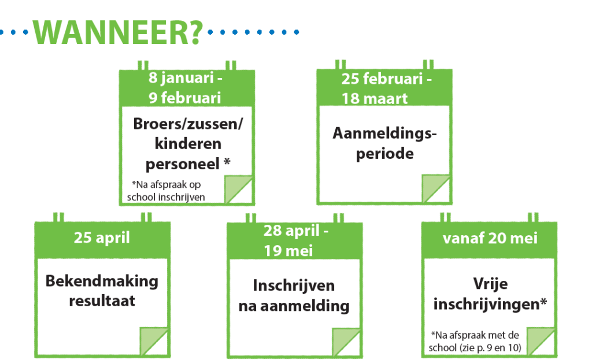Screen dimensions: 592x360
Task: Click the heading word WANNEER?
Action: point(118,32)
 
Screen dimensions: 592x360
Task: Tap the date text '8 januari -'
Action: point(186,78)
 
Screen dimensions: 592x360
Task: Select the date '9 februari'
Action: point(184,98)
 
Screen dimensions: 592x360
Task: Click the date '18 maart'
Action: point(375,98)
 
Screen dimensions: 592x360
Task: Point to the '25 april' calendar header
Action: point(102,237)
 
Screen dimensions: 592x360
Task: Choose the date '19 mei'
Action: point(288,251)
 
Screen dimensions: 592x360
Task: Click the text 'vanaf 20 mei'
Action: point(490,238)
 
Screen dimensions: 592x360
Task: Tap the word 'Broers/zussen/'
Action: point(188,124)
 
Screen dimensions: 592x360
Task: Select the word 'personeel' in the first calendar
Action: point(182,164)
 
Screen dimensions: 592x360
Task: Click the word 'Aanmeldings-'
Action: point(384,133)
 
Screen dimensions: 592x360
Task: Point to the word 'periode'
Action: point(384,154)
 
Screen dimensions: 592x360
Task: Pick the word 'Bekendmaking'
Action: point(102,281)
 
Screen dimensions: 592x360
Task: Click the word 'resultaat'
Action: point(102,301)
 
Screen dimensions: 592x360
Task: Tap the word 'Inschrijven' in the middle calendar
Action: point(294,285)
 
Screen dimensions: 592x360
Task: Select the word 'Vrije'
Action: point(490,284)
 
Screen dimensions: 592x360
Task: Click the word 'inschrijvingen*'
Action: point(490,304)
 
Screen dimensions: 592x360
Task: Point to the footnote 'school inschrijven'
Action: point(166,198)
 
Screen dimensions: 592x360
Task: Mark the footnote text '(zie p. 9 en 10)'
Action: point(490,347)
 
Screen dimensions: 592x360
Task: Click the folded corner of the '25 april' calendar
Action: point(154,341)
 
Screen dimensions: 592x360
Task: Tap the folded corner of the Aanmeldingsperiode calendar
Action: point(436,188)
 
